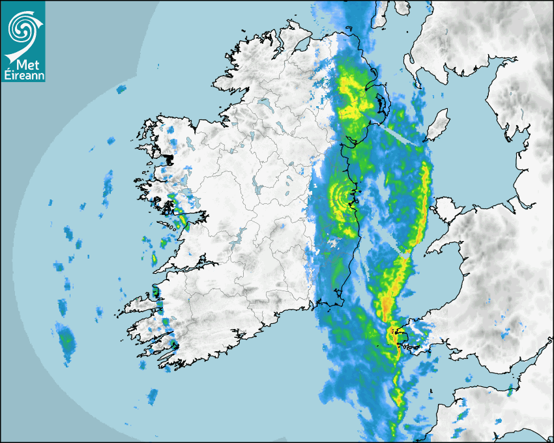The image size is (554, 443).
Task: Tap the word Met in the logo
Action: pos(23,64)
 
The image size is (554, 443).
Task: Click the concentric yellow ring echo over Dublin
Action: pos(340,193)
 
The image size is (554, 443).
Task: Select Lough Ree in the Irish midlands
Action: pos(259,189)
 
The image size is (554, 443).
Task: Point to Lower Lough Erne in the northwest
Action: pos(264,102)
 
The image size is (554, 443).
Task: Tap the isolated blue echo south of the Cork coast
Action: pos(153,395)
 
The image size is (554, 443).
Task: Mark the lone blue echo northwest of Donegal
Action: pos(121,89)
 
